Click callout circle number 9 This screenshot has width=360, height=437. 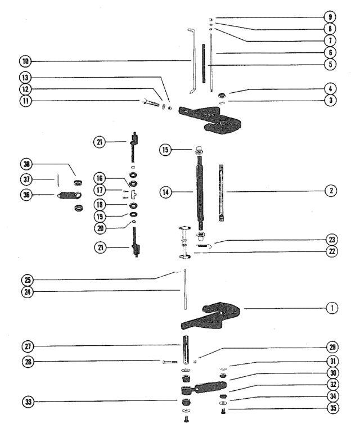330,17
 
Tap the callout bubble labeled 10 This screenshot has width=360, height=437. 25,61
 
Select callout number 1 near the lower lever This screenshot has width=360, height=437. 332,308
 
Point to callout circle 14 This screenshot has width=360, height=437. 165,192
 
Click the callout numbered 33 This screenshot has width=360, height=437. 28,402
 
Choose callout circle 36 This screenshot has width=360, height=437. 26,194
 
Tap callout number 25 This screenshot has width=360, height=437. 28,280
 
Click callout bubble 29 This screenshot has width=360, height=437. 332,347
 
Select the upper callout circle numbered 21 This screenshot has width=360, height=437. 99,142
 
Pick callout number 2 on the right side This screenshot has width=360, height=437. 331,191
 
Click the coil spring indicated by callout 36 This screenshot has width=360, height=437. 69,195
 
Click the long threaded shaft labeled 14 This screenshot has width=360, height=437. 200,192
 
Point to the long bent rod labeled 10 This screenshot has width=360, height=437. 192,61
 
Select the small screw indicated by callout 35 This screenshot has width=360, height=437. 223,411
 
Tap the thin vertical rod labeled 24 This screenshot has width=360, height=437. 184,289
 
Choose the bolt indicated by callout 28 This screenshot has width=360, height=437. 169,362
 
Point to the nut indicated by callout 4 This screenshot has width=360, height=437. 222,95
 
